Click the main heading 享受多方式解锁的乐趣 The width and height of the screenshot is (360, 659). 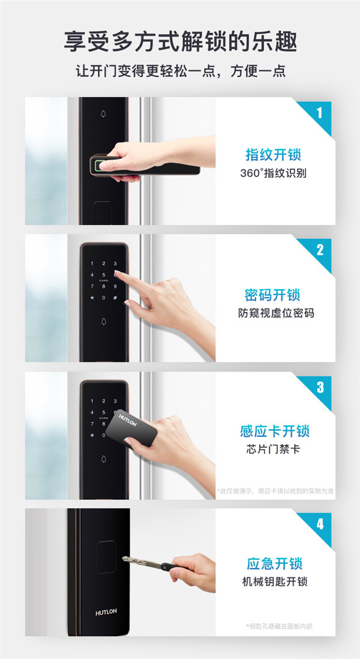point(180,41)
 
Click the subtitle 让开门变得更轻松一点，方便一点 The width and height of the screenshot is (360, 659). point(180,70)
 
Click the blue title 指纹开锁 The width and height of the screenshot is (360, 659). point(274,155)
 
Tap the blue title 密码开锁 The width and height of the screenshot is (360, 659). point(273,295)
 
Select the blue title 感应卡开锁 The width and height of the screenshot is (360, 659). point(275,431)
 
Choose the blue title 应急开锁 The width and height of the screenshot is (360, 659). point(275,563)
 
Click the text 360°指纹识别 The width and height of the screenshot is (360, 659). point(273,173)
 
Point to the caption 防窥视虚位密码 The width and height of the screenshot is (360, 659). point(276,313)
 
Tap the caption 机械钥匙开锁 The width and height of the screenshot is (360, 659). point(275,582)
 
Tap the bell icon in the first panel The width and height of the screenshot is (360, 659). point(103,114)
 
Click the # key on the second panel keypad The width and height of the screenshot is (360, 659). point(115,298)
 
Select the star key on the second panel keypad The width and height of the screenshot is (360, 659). point(92,298)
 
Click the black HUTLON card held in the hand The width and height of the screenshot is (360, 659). point(131,429)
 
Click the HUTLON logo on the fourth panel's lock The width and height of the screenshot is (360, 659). point(106,612)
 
